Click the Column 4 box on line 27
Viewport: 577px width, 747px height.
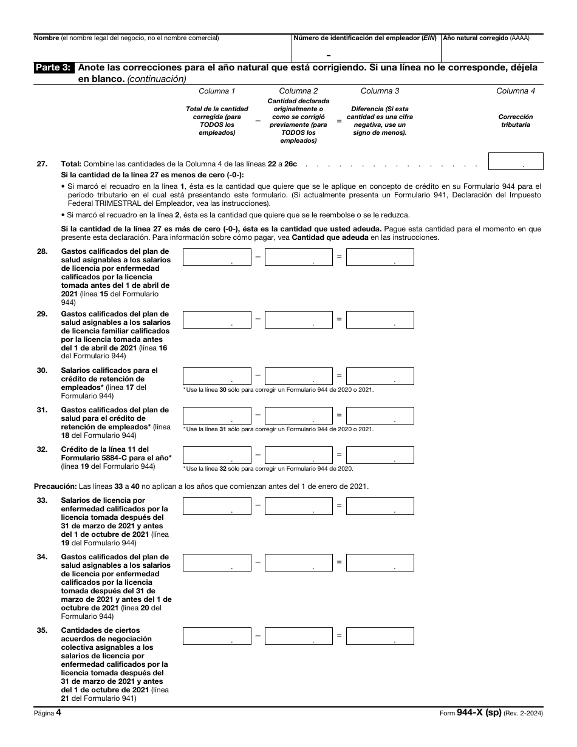(516, 161)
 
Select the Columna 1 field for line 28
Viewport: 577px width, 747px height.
(217, 258)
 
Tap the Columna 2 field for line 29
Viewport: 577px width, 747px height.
(299, 319)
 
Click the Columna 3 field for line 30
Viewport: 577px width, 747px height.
(380, 376)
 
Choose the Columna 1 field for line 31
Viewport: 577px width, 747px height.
(217, 415)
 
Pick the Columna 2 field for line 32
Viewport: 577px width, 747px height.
(299, 455)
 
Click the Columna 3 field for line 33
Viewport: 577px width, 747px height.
(380, 506)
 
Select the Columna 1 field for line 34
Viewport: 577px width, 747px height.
(217, 562)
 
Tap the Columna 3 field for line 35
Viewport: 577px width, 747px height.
(380, 636)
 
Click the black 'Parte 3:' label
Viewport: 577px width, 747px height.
(54, 68)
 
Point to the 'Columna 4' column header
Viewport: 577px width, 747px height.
(516, 91)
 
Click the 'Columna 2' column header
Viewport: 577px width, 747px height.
(298, 91)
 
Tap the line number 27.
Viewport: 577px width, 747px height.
(41, 164)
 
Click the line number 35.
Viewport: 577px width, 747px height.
(41, 630)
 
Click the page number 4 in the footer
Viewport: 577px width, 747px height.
(58, 714)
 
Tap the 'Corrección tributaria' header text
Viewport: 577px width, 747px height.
(516, 120)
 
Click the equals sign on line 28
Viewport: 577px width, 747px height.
(340, 257)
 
